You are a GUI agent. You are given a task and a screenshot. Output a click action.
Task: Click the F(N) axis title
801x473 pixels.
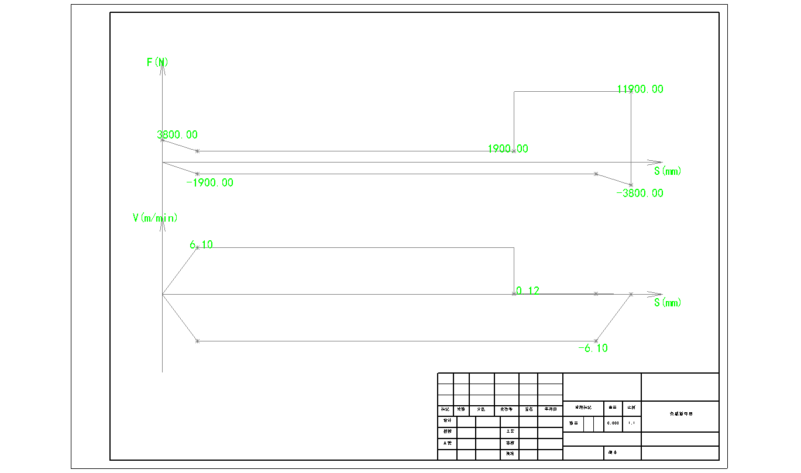pyautogui.click(x=158, y=62)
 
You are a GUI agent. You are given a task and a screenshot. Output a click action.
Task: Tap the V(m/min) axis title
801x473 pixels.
pyautogui.click(x=155, y=218)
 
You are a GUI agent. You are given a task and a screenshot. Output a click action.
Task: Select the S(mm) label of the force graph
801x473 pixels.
pyautogui.click(x=668, y=171)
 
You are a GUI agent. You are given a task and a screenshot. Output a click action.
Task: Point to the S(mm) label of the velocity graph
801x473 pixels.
pyautogui.click(x=668, y=303)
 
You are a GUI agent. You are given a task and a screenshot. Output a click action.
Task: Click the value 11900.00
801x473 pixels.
pyautogui.click(x=640, y=89)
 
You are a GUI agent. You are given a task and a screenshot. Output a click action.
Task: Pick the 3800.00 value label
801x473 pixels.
pyautogui.click(x=177, y=135)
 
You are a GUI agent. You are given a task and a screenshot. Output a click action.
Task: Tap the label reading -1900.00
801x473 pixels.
pyautogui.click(x=209, y=183)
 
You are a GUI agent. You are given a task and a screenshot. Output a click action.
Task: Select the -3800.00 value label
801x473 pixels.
pyautogui.click(x=640, y=194)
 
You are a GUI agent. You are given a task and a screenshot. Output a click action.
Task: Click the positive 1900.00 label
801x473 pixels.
pyautogui.click(x=508, y=149)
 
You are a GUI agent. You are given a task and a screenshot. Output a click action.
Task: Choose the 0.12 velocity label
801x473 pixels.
pyautogui.click(x=528, y=291)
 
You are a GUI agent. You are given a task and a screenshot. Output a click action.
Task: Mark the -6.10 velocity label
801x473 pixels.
pyautogui.click(x=593, y=348)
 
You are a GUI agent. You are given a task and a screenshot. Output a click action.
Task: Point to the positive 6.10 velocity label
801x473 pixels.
pyautogui.click(x=201, y=245)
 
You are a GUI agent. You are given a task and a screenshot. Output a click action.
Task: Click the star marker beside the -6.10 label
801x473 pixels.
pyautogui.click(x=596, y=341)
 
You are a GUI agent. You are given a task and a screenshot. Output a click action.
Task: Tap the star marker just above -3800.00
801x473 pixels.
pyautogui.click(x=631, y=185)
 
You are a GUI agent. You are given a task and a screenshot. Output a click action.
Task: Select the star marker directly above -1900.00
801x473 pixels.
pyautogui.click(x=197, y=174)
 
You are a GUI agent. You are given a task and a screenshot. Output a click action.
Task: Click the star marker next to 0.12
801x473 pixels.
pyautogui.click(x=514, y=294)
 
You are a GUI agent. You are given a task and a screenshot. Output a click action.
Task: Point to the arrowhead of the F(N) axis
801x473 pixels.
pyautogui.click(x=162, y=65)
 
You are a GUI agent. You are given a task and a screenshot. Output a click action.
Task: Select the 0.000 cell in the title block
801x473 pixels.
pyautogui.click(x=613, y=423)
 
